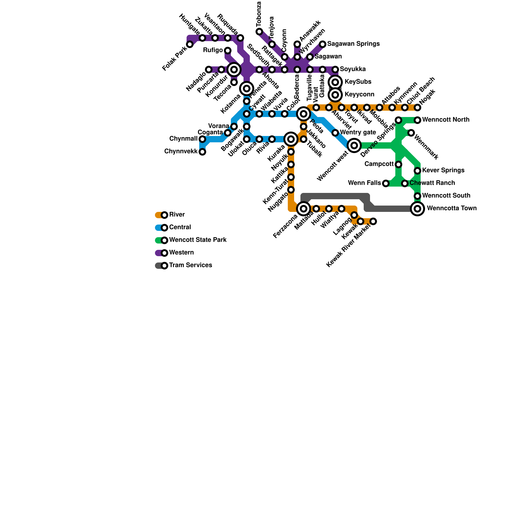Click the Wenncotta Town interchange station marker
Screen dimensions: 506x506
417,209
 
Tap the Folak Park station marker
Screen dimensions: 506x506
190,44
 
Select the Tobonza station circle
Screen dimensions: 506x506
259,32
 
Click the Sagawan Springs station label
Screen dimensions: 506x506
353,44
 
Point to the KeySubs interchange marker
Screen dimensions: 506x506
336,82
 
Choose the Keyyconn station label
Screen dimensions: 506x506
359,95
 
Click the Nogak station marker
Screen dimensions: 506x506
417,108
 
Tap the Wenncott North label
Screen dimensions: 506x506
446,120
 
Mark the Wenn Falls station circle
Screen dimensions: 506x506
386,183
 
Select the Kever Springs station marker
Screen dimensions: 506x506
417,171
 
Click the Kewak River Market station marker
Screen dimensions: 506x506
373,221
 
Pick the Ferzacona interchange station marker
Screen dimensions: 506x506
304,209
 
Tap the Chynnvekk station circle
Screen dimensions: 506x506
202,152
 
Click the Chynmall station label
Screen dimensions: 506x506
183,139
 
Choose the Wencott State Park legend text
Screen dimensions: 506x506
198,240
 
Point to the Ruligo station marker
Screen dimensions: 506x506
228,51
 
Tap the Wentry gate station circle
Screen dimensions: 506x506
335,133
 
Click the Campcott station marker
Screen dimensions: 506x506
398,164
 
